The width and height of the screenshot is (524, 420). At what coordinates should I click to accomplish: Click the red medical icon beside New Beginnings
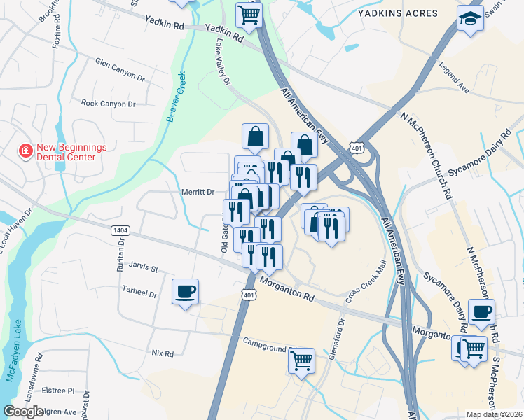25,151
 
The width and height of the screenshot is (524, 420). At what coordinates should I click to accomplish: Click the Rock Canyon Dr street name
108,104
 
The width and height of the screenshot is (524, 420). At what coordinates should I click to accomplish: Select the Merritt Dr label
197,192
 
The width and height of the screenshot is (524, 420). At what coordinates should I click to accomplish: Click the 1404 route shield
120,230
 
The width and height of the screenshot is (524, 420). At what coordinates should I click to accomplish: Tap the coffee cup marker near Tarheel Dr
185,291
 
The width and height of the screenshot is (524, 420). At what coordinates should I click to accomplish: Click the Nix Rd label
162,353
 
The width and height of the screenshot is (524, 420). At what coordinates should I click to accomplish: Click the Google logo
24,412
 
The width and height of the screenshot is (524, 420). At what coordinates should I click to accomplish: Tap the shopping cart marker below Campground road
301,361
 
